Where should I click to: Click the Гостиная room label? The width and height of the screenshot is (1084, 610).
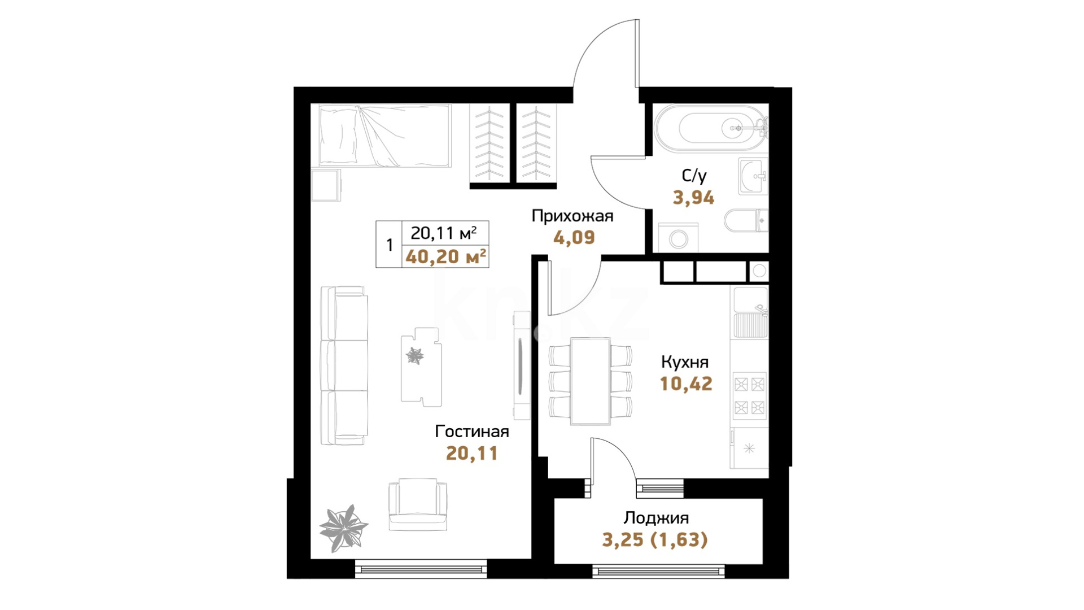point(472,432)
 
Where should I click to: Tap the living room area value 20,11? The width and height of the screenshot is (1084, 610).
point(472,453)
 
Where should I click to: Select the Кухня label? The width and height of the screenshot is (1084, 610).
point(684,362)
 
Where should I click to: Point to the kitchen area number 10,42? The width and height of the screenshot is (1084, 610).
point(686,384)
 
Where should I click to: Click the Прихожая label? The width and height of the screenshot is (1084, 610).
point(572,216)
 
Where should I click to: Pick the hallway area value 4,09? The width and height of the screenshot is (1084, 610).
point(574,237)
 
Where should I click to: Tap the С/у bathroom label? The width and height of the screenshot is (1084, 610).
point(694,176)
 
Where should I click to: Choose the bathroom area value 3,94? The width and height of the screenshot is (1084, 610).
point(693,198)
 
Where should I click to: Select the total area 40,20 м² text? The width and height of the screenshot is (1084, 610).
point(446,257)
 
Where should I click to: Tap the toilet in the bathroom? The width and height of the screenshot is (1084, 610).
point(746,221)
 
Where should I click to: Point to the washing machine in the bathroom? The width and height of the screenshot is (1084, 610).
point(678,238)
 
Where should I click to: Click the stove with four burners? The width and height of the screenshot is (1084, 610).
point(749,395)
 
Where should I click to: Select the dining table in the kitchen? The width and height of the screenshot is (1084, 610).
point(590,381)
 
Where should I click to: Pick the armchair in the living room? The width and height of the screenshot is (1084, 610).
point(418,504)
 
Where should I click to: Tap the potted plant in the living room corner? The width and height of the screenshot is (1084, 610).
point(343,528)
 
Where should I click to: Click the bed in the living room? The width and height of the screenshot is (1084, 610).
point(385,136)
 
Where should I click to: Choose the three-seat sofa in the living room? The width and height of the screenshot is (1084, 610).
point(344,365)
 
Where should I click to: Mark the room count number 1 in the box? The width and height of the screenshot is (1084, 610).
point(389,245)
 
